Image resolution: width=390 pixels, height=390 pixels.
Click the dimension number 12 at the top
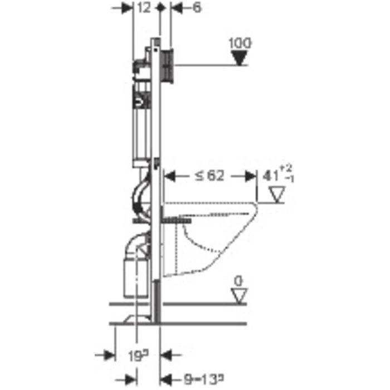click(x=144, y=8)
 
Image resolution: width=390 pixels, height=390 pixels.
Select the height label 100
click(x=240, y=43)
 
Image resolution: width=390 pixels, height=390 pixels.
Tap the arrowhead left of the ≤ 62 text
click(x=171, y=176)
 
